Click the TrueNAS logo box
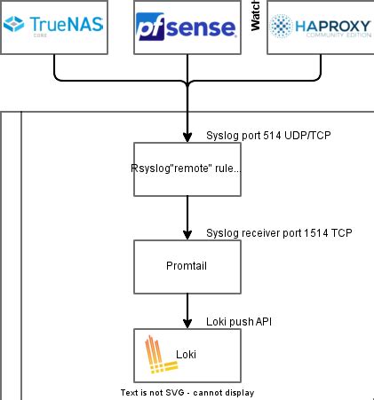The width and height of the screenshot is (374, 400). [x=53, y=27]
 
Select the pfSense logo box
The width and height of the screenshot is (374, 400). [x=187, y=27]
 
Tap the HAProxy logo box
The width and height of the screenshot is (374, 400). [x=320, y=27]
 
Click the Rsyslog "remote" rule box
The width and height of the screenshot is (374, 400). [x=187, y=169]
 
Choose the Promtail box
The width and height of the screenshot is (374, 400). [x=187, y=266]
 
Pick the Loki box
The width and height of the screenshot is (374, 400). [x=187, y=355]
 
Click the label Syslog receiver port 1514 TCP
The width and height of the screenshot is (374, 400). [x=279, y=232]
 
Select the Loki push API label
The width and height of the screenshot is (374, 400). [x=238, y=321]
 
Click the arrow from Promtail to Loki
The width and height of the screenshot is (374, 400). [x=187, y=310]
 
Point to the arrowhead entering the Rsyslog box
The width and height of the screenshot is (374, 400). [x=187, y=137]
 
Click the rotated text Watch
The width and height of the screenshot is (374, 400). [x=254, y=17]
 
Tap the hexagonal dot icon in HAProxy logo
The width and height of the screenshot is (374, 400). [x=283, y=27]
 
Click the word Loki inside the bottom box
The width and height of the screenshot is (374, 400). [x=186, y=355]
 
